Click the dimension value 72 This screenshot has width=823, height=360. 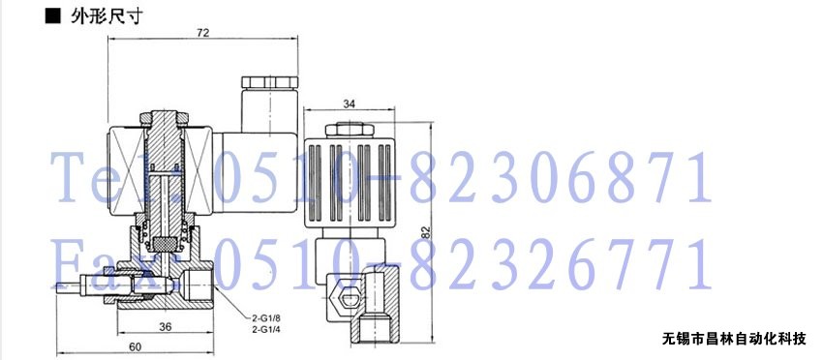click(x=203, y=33)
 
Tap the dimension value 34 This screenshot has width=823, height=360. click(x=349, y=104)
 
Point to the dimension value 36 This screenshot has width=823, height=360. click(x=166, y=326)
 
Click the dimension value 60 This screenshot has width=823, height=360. click(x=136, y=346)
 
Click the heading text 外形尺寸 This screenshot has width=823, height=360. click(x=107, y=16)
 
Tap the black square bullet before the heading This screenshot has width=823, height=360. click(x=53, y=16)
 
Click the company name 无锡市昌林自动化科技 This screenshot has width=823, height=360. click(x=733, y=340)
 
